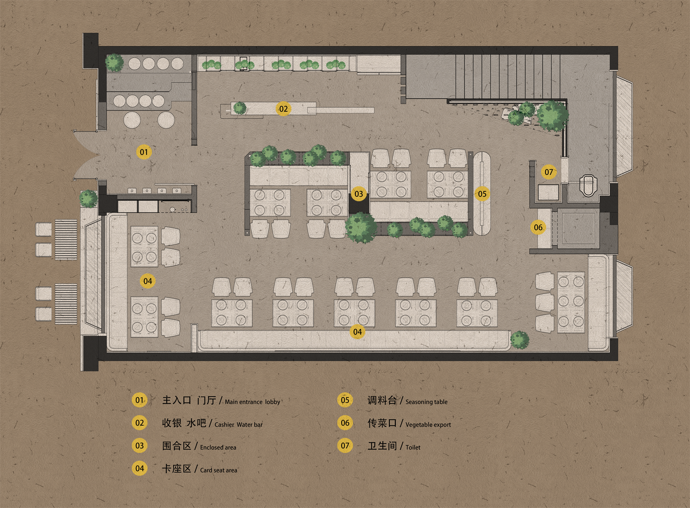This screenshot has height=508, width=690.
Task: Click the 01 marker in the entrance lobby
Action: (x=144, y=152)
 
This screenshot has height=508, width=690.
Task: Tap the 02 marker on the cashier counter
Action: (x=283, y=109)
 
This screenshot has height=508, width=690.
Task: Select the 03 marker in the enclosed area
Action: (x=358, y=193)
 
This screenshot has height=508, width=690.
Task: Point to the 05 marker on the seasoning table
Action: (x=482, y=194)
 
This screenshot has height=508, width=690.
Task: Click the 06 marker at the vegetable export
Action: (x=538, y=227)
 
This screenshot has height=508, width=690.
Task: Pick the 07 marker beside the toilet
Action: (x=549, y=172)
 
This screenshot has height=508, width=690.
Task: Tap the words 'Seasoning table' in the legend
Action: (x=426, y=402)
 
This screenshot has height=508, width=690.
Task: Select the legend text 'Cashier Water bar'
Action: (x=238, y=425)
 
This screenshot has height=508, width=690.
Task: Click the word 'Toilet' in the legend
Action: (x=413, y=447)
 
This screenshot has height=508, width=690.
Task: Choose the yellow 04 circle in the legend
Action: (x=139, y=468)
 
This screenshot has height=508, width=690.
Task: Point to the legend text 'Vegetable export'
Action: (x=428, y=425)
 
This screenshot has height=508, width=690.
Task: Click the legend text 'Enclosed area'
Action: (x=218, y=447)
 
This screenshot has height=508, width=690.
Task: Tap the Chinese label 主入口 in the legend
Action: (x=177, y=400)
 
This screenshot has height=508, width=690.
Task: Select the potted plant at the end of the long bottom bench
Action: (x=520, y=340)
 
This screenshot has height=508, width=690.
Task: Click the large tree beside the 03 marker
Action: (x=361, y=228)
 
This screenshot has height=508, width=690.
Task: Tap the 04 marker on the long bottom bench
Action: (x=357, y=332)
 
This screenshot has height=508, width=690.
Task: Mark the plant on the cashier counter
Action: (x=240, y=108)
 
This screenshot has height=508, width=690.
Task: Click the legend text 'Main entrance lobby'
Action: (x=253, y=402)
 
